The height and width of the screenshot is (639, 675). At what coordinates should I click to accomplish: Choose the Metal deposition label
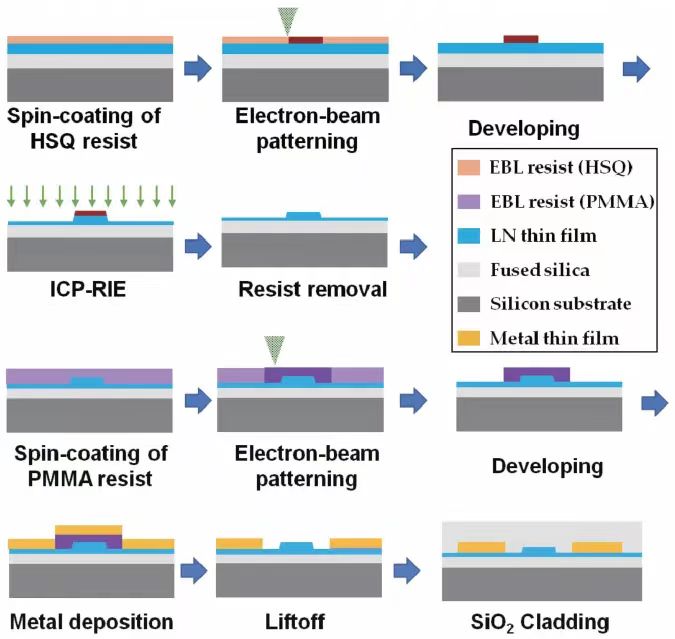91,621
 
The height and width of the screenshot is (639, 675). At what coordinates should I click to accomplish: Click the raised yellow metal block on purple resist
89,529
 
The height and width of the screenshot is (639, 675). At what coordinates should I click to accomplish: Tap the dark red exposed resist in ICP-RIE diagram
90,213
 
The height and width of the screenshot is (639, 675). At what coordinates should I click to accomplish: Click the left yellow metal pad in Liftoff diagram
240,543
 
